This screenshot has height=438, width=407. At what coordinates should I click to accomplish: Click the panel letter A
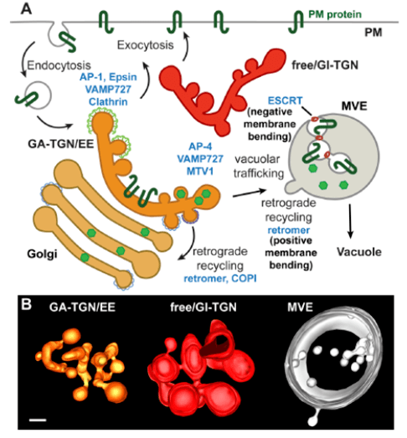pyautogui.click(x=26, y=8)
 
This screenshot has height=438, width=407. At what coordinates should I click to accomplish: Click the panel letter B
pyautogui.click(x=26, y=304)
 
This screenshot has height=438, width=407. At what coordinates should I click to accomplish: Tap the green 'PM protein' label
pyautogui.click(x=335, y=14)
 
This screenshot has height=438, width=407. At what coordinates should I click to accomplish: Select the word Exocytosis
pyautogui.click(x=145, y=45)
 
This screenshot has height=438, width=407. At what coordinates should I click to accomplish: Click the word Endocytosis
pyautogui.click(x=59, y=65)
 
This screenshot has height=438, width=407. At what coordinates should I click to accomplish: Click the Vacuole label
pyautogui.click(x=359, y=252)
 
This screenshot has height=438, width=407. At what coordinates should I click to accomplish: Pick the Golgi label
pyautogui.click(x=42, y=254)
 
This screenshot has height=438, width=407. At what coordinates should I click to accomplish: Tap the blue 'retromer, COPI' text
pyautogui.click(x=220, y=279)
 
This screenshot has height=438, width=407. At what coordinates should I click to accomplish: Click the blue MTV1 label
pyautogui.click(x=200, y=171)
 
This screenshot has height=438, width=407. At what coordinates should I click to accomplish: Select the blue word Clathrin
pyautogui.click(x=108, y=101)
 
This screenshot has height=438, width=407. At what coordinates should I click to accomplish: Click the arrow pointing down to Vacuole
pyautogui.click(x=350, y=221)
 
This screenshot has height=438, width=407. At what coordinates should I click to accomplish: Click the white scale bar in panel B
pyautogui.click(x=38, y=420)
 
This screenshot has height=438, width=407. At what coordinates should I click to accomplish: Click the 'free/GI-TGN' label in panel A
pyautogui.click(x=325, y=65)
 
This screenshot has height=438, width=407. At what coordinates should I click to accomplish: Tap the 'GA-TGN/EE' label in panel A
pyautogui.click(x=60, y=144)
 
